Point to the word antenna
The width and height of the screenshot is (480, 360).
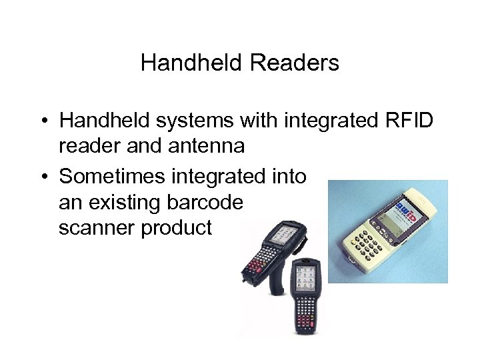pos(207,146)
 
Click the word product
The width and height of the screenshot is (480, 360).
pos(177,227)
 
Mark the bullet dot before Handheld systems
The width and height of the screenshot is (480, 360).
pos(42,121)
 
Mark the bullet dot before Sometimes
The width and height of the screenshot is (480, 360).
pos(42,177)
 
